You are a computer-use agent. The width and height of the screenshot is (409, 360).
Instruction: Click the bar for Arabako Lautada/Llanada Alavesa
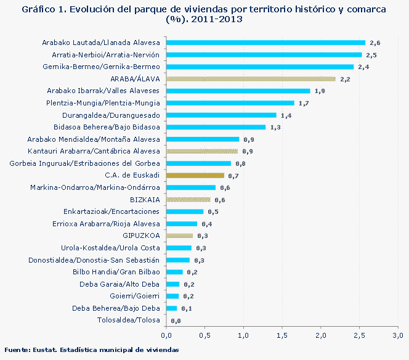pos(265,43)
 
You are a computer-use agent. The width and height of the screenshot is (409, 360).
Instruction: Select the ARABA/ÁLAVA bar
pos(251,79)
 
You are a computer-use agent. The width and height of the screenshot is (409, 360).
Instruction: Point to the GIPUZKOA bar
pos(179,235)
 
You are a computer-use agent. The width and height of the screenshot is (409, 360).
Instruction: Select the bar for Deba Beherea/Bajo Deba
pos(171,308)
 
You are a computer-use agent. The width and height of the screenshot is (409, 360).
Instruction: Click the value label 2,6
pos(375,43)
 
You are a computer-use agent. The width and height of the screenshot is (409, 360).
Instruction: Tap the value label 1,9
pos(320,91)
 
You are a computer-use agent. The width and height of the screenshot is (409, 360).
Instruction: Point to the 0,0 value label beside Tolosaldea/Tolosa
pos(176,321)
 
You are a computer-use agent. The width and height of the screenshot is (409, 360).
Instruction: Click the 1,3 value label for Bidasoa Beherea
pos(275,128)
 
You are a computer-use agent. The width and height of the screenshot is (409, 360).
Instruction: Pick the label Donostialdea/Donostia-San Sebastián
pos(94,260)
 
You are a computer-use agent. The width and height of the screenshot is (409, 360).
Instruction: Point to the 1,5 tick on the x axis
pos(282,335)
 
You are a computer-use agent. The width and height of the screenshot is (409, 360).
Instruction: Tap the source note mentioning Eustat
pos(92,350)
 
